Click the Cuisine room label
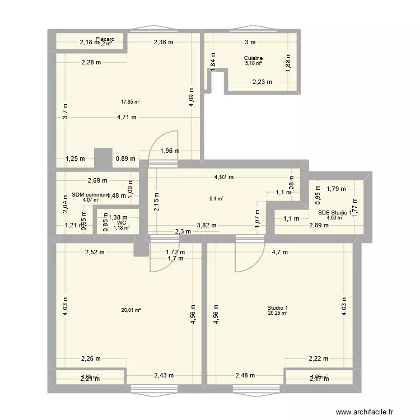(253, 58)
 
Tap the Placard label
(105, 39)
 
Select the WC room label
(122, 222)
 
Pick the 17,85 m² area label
(130, 102)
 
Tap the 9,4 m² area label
(217, 198)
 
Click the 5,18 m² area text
(253, 63)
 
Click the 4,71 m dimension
(127, 117)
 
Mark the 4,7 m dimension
(280, 252)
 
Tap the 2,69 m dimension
(97, 180)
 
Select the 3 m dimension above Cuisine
(250, 42)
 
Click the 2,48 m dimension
(245, 375)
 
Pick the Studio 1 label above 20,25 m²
(278, 308)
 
